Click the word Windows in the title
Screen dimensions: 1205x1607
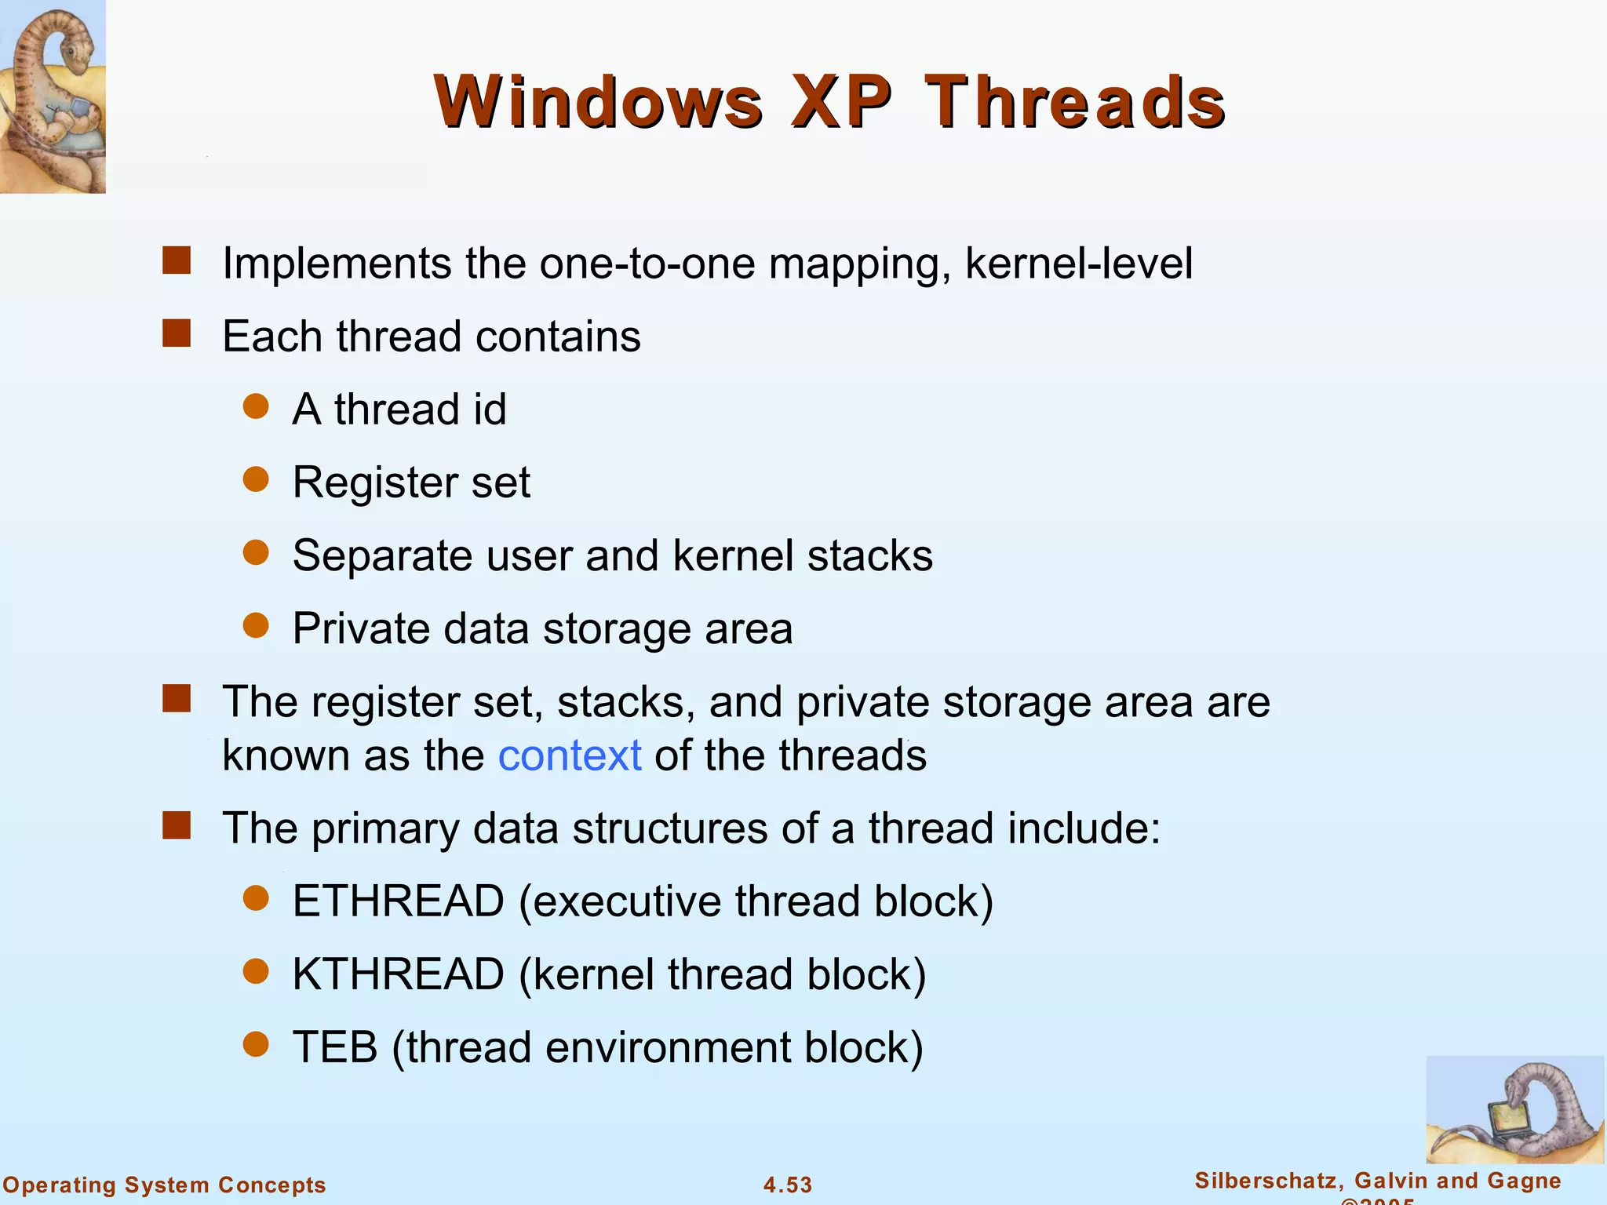point(598,102)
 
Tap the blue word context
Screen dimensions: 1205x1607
point(570,755)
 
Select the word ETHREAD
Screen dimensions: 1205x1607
point(398,901)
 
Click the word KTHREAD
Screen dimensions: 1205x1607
point(398,974)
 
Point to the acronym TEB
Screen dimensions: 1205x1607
point(335,1047)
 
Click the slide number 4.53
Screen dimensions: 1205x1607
point(788,1185)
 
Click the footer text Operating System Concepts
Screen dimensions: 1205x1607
point(165,1185)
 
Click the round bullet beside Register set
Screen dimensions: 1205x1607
point(256,479)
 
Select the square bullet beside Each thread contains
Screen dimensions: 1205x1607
point(177,333)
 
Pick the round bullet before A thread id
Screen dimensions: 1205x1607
point(256,406)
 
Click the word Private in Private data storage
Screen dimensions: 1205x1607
point(361,628)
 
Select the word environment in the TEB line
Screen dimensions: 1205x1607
point(668,1047)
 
